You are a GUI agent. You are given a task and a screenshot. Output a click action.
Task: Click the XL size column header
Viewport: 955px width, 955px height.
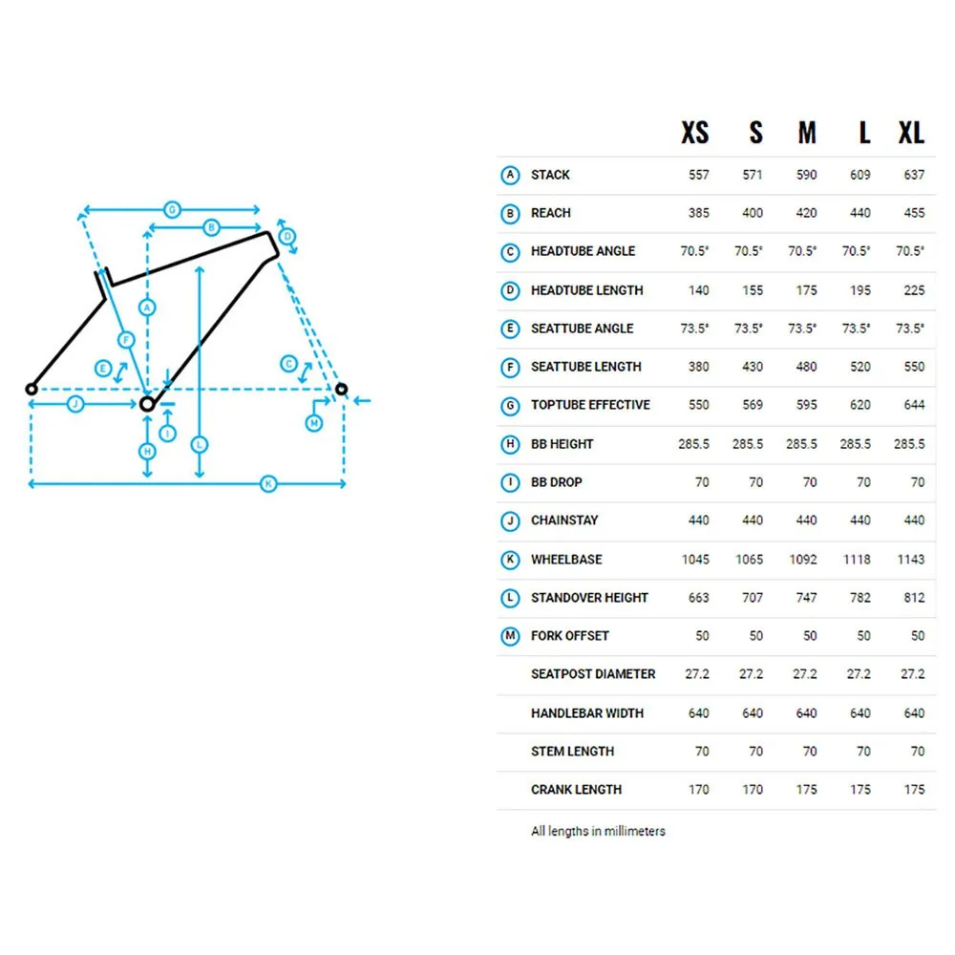(911, 133)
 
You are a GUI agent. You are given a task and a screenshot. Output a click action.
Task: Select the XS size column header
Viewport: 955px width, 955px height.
(695, 133)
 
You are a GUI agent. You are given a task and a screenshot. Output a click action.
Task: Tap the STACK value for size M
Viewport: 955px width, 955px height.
(806, 176)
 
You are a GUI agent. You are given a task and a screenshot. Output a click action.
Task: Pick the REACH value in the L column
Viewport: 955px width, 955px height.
(860, 213)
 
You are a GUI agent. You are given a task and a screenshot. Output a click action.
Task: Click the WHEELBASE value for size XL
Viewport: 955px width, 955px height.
(911, 560)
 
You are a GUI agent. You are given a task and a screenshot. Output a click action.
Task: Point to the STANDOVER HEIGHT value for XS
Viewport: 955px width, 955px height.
(699, 598)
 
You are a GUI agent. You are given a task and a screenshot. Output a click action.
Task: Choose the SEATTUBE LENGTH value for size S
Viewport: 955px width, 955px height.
(753, 368)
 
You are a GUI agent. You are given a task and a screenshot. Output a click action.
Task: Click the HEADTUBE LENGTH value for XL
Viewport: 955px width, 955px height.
(914, 290)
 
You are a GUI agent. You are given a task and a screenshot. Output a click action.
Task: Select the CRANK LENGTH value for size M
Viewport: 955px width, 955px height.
(806, 790)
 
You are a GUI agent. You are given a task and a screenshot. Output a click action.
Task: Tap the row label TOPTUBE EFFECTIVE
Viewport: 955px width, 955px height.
(590, 405)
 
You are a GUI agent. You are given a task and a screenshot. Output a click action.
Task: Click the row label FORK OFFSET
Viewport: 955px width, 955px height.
(569, 636)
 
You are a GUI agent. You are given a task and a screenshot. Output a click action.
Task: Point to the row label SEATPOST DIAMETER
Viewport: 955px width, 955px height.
(593, 674)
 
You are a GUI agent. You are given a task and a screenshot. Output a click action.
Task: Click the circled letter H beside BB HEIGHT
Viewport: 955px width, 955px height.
(510, 445)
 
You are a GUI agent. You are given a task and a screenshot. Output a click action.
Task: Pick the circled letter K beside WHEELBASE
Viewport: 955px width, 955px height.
(510, 560)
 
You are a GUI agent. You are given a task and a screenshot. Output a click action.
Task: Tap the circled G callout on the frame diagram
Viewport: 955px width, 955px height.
(172, 209)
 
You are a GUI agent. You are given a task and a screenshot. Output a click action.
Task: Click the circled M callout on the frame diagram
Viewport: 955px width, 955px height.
(313, 423)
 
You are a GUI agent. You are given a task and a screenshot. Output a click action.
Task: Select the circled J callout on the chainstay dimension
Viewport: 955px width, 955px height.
(75, 404)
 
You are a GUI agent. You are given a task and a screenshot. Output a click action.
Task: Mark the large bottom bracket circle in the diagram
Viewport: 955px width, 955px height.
(147, 404)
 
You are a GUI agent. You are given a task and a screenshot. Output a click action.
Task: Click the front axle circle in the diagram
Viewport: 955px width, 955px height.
(342, 389)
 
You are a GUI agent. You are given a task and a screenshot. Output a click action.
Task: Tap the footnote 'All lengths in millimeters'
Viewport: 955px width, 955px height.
(598, 832)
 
